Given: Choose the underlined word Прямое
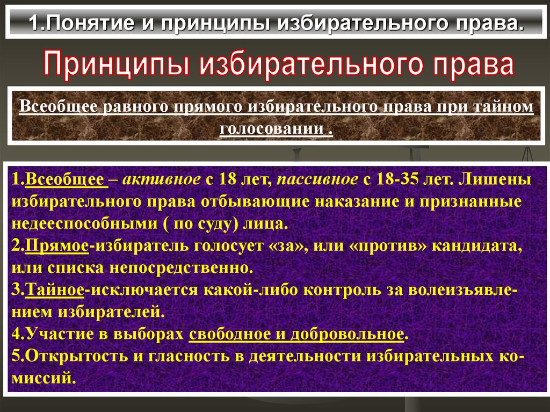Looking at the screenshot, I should tap(57, 247).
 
